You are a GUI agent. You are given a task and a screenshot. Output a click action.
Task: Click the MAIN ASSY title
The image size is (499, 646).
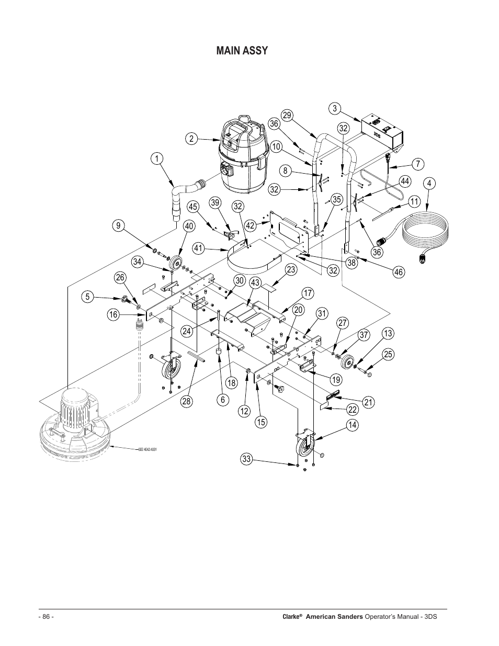point(242,51)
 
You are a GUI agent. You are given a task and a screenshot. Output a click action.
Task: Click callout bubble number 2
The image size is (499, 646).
point(191,139)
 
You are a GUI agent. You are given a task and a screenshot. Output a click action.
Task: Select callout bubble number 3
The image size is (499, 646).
point(335,109)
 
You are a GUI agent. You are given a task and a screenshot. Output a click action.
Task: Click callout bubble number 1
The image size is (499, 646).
point(155,158)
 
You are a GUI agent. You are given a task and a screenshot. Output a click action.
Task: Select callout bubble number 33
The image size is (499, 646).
point(247,459)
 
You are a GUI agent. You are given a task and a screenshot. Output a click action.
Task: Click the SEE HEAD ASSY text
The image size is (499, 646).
point(148,450)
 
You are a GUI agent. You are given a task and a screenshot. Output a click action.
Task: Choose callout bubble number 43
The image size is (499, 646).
point(255,283)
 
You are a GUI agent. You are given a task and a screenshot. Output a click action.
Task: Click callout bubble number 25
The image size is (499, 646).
point(387,354)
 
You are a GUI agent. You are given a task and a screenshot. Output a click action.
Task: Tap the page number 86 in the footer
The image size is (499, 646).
point(46,617)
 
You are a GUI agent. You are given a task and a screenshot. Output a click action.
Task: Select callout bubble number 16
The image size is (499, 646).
point(113,314)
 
